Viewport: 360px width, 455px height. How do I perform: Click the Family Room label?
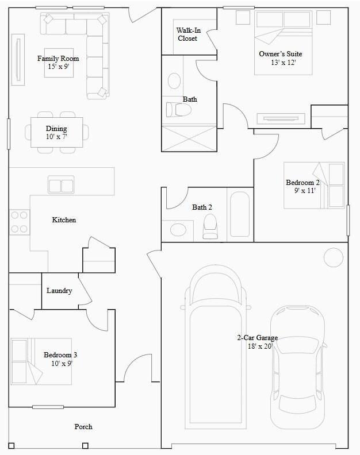pos(58,59)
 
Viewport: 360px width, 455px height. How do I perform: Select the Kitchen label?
pos(64,220)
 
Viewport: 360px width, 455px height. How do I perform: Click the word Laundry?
pos(59,291)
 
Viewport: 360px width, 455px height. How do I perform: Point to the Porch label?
pos(83,426)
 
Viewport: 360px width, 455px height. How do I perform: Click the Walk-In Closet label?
pos(187,34)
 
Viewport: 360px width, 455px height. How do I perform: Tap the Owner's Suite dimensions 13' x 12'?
pos(283,62)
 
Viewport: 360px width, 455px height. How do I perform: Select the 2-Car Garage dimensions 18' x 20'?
pos(258,346)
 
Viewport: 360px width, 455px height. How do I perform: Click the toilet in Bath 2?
pos(210,226)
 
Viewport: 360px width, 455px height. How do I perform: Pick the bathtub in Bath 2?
pos(239,214)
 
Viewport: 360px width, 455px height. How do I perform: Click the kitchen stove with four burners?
pos(19,222)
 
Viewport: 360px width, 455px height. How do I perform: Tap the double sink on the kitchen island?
pos(61,186)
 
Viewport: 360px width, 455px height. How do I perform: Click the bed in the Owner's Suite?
pos(283,43)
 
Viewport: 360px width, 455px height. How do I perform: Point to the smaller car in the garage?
pos(297,368)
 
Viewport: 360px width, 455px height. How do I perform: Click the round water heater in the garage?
pos(333,257)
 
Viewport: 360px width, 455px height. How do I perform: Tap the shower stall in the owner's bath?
pos(189,138)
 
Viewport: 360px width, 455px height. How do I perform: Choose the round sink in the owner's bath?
pos(174,80)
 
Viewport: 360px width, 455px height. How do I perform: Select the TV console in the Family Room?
pos(18,61)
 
